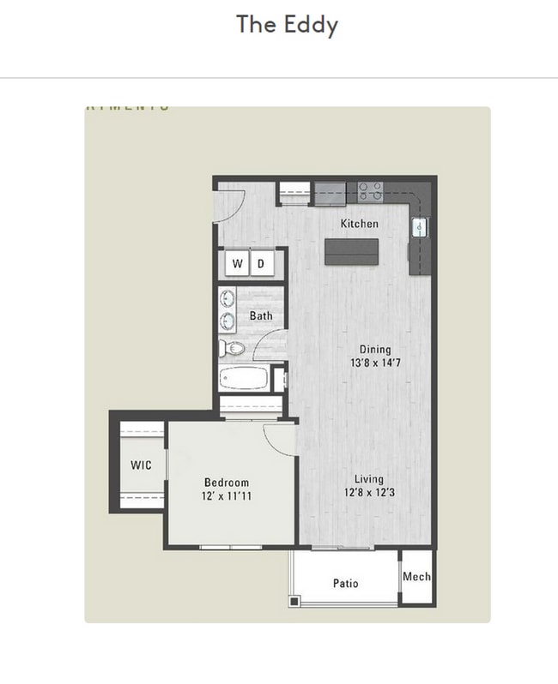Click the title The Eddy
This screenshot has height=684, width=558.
click(287, 24)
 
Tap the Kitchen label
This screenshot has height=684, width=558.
click(359, 224)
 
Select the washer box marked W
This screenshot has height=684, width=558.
click(237, 264)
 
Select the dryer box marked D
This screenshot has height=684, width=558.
click(261, 264)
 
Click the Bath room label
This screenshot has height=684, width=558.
click(261, 316)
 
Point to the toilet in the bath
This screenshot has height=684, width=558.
click(233, 348)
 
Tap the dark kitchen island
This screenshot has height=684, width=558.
click(351, 251)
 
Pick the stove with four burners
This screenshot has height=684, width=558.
click(370, 191)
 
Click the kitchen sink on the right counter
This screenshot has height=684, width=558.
click(420, 228)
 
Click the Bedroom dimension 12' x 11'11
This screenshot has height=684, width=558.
click(227, 496)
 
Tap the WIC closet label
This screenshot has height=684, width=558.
click(141, 465)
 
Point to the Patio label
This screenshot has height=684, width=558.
click(346, 584)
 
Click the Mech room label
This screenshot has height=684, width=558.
click(416, 578)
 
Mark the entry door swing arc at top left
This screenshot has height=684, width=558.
click(236, 202)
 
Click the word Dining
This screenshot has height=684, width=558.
click(375, 350)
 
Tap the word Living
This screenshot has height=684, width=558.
click(370, 479)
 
